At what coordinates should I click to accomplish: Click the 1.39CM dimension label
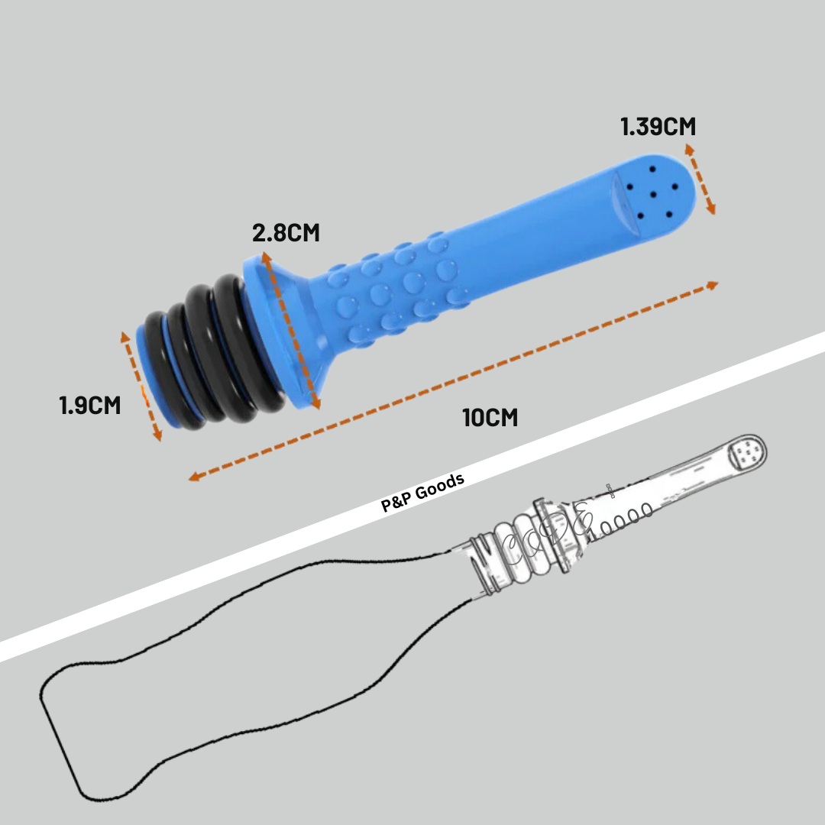tap(658, 127)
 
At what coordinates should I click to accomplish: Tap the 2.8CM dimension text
tap(286, 233)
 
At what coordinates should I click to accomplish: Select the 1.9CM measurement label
tap(90, 405)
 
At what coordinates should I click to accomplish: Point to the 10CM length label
tap(490, 418)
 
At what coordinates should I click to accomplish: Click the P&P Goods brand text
tap(422, 492)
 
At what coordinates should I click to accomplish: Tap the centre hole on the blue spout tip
tap(652, 195)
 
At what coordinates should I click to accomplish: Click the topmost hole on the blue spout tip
tap(652, 170)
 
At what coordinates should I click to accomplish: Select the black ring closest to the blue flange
tap(247, 342)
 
